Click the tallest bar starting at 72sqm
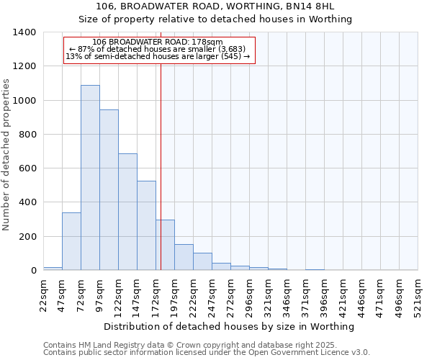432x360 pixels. (90, 178)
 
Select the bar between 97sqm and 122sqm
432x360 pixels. (109, 190)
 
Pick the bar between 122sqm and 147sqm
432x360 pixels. (127, 212)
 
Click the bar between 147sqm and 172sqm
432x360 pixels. (146, 225)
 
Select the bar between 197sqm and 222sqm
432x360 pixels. (184, 257)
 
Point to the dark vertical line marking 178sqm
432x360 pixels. (161, 166)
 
